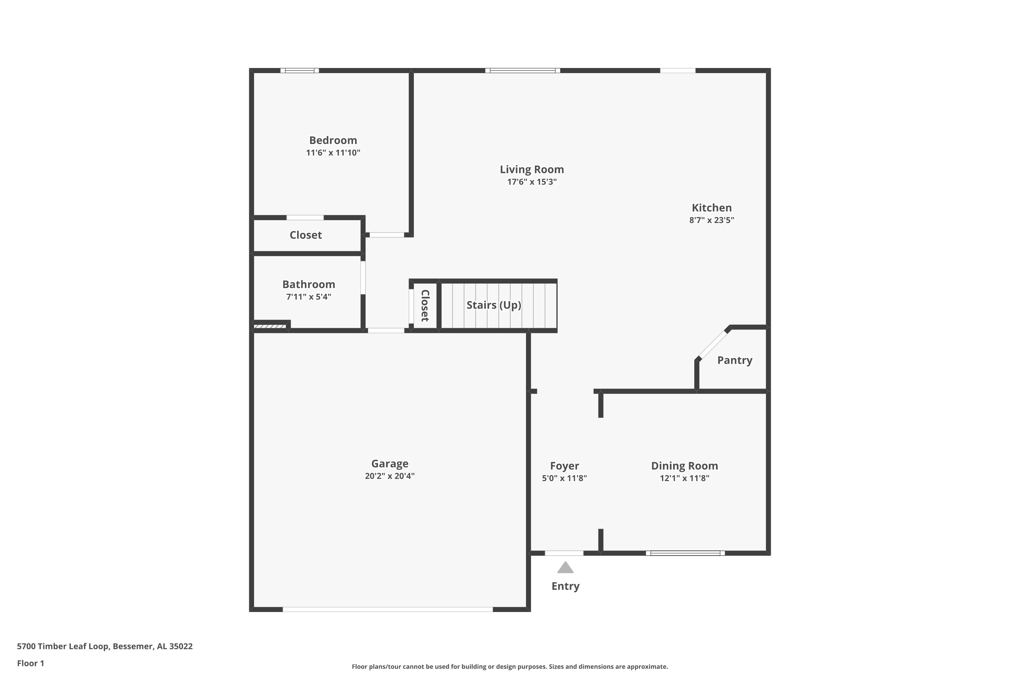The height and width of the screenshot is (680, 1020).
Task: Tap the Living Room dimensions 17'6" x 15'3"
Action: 532,182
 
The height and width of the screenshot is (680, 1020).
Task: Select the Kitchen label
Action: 711,208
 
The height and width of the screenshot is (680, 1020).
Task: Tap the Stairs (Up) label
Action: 494,305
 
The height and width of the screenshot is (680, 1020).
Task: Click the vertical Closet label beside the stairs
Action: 425,305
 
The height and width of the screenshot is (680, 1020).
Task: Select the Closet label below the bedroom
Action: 305,235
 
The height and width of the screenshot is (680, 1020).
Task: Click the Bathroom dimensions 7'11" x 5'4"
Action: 308,296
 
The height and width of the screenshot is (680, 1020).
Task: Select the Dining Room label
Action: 684,466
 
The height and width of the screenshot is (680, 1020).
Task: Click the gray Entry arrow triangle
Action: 565,568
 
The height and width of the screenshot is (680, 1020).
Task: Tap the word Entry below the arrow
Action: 565,586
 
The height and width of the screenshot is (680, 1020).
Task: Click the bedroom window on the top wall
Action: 299,70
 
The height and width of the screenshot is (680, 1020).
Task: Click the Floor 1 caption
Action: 30,663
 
